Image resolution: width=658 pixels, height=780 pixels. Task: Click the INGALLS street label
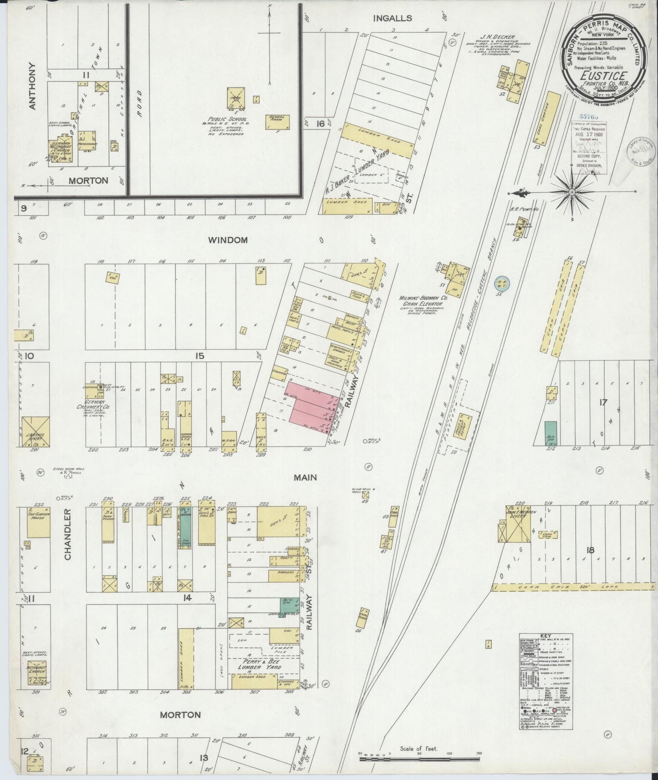(392, 18)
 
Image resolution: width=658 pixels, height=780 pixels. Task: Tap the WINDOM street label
(228, 240)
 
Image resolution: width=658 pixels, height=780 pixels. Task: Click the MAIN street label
(305, 477)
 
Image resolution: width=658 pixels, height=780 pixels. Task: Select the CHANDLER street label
(68, 534)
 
